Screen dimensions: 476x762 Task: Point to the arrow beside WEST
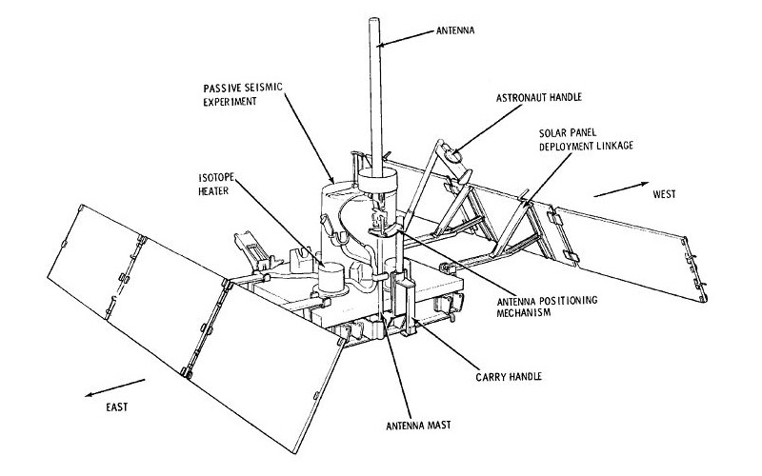pos(619,190)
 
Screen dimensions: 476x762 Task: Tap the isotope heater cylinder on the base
pos(330,278)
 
